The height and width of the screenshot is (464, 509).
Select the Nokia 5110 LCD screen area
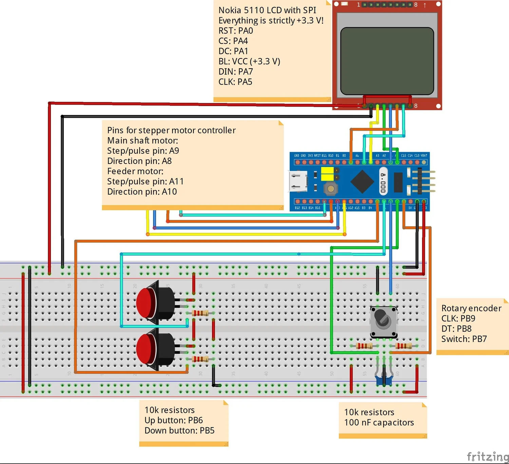pos(387,61)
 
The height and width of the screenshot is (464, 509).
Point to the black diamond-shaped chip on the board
pos(362,181)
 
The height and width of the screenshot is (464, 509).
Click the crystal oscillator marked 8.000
pos(383,182)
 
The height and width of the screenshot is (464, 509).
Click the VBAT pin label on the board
pos(424,155)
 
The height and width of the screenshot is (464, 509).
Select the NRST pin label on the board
pos(317,155)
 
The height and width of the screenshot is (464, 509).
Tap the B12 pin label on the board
pos(297,208)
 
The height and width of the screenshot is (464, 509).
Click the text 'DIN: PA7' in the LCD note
pos(235,72)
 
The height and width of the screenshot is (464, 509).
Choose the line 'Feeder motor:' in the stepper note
pos(135,171)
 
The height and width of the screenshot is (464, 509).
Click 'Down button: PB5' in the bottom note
pos(179,430)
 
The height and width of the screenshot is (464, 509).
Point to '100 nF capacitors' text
pos(379,423)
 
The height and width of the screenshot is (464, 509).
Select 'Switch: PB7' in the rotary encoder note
pos(464,339)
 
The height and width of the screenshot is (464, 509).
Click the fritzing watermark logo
pos(487,456)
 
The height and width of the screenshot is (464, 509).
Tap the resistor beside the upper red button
pos(200,313)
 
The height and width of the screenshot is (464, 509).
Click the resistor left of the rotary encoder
pos(364,346)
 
